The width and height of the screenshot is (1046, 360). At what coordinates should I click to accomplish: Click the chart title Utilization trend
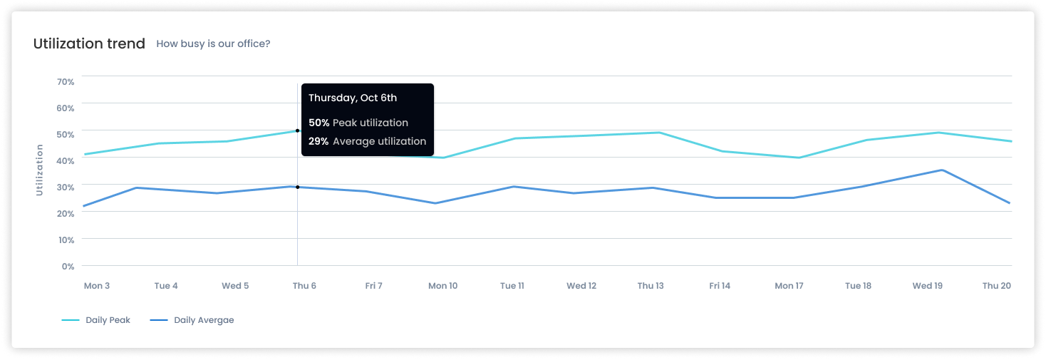[x=89, y=43]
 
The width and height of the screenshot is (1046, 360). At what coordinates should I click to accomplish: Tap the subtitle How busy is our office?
[x=213, y=43]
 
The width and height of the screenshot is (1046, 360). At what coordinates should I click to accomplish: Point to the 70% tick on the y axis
[x=66, y=82]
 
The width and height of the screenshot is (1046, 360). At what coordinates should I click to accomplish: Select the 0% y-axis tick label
[x=68, y=267]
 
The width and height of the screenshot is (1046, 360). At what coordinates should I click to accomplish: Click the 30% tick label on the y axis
[x=66, y=187]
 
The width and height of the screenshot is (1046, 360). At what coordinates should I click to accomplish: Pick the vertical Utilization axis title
[x=39, y=170]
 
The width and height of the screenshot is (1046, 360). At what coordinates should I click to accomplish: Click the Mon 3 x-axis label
[x=97, y=286]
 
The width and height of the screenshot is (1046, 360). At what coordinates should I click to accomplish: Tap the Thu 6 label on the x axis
[x=304, y=286]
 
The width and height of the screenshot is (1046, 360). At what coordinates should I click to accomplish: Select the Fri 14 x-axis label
[x=720, y=286]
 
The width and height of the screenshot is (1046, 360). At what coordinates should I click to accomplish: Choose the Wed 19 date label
[x=928, y=286]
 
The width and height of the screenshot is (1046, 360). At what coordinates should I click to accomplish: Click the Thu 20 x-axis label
[x=997, y=286]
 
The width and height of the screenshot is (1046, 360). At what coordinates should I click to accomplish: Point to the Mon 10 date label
[x=442, y=286]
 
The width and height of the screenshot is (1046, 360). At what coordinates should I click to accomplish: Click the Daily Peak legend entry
[x=96, y=320]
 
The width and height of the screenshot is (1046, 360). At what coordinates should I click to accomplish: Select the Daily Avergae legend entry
[x=192, y=320]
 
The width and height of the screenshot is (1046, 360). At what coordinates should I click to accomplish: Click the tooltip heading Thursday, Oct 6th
[x=353, y=98]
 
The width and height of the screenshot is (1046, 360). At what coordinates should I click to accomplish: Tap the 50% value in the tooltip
[x=319, y=123]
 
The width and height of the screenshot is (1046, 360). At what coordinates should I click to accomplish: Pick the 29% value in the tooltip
[x=319, y=141]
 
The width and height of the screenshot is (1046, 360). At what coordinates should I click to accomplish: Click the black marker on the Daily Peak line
[x=297, y=130]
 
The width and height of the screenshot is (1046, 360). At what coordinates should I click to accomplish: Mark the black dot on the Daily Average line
[x=297, y=187]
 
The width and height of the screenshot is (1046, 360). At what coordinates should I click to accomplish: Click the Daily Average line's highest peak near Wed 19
[x=942, y=170]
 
